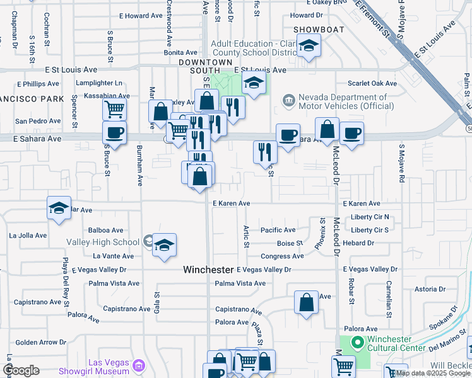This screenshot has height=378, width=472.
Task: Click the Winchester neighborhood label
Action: tap(208, 269)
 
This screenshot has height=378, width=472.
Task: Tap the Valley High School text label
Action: tap(103, 242)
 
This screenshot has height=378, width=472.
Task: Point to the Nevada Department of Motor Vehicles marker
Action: tap(289, 100)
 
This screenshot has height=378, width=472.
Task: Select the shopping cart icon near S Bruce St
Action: tap(114, 110)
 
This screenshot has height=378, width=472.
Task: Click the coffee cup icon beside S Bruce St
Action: tap(114, 133)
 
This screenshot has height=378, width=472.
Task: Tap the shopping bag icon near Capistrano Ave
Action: tap(306, 302)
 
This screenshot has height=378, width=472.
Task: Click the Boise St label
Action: tap(290, 243)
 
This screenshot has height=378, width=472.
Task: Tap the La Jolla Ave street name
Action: tap(28, 236)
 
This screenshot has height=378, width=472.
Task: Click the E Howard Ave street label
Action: tap(140, 15)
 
